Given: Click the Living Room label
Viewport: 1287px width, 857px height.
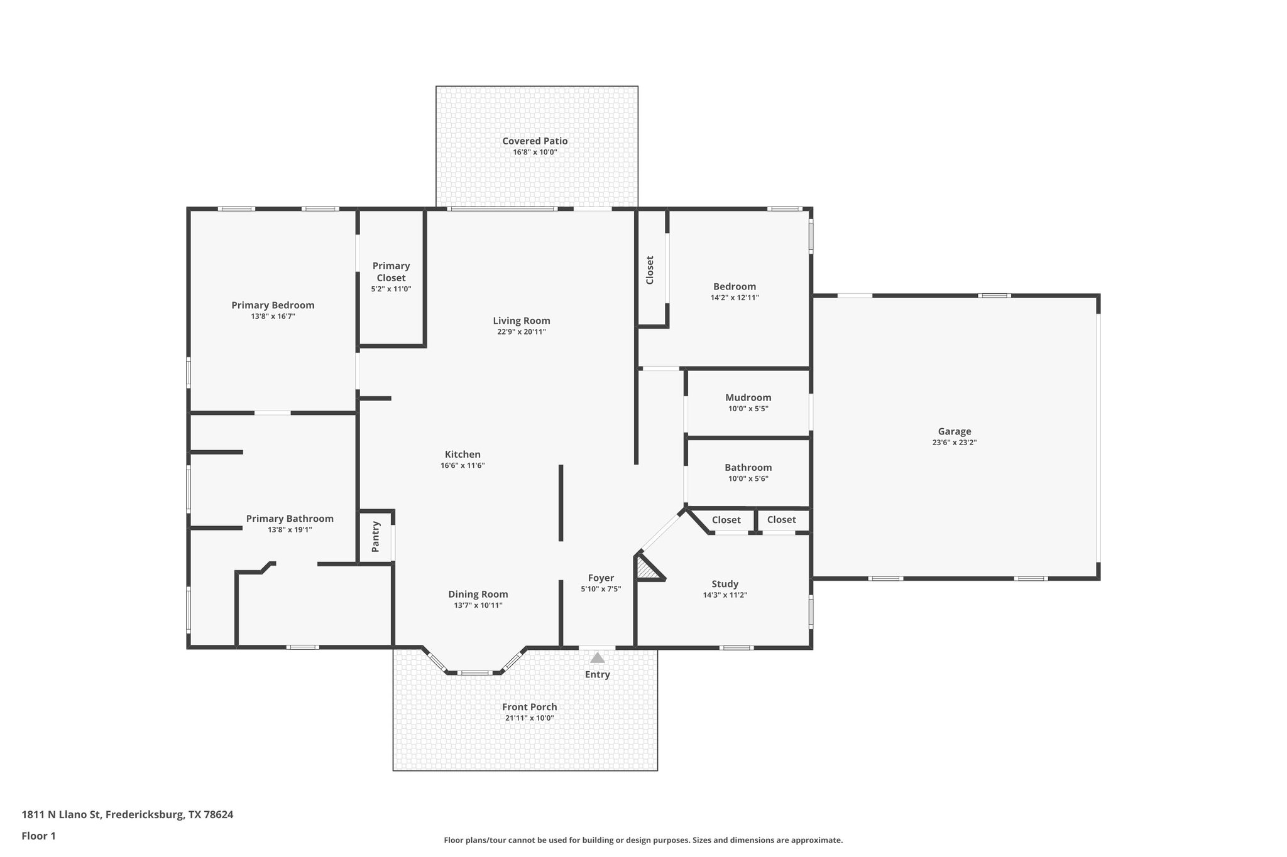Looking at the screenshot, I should point(521,321).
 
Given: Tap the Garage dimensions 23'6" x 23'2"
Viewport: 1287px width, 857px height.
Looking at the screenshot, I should point(954,443).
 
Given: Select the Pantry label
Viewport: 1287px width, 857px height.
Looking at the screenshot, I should point(376,536).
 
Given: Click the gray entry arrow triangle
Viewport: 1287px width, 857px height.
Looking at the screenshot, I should point(597,658).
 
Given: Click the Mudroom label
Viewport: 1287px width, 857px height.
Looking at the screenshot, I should point(748,397).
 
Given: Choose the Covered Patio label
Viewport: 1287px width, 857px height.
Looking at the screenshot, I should point(535,141).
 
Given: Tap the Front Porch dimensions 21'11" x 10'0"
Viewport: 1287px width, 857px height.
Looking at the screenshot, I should point(529,718).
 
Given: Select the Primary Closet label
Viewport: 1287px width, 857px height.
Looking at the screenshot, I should point(391,272).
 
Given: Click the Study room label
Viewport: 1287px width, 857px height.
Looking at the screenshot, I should point(725,584).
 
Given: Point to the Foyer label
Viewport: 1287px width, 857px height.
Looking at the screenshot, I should point(601,578).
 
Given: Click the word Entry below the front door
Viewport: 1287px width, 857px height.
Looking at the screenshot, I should point(597,675).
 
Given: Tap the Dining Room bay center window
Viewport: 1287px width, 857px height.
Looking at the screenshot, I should point(474,672).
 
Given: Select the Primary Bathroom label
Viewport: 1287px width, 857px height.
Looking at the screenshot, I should point(290,519).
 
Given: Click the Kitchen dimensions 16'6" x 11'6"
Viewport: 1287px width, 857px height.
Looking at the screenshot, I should point(463,466).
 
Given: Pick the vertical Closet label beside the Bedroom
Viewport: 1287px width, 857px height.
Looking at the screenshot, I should point(650,270).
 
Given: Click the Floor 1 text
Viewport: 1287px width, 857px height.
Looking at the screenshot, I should point(39,836).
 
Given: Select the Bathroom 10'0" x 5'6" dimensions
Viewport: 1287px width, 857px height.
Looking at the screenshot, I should point(748,479).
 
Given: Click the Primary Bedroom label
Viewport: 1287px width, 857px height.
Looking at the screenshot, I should point(273,305).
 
